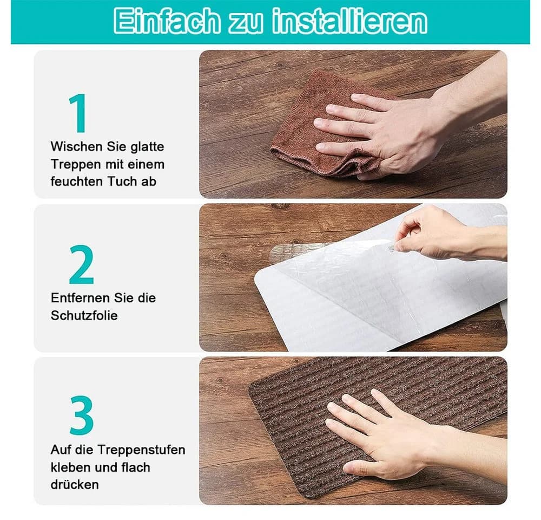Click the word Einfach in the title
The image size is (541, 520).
point(167,22)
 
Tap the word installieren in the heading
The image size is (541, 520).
point(349,22)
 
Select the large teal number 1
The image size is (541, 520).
point(78,113)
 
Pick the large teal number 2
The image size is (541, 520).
point(82,264)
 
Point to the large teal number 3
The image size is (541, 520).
point(82,415)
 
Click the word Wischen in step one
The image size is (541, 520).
point(76,146)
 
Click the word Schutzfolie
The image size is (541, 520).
point(84,315)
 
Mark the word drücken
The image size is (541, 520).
point(75,484)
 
